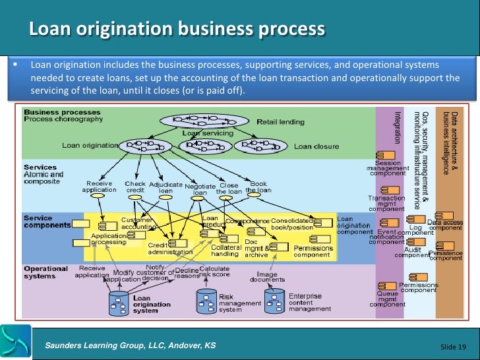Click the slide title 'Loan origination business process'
coord(177,30)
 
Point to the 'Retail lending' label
coord(280,122)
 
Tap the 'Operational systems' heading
coord(45,272)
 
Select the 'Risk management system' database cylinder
coord(206,300)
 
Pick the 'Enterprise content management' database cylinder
coord(275,300)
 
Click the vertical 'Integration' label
coord(397,127)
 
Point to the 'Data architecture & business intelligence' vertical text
coord(450,142)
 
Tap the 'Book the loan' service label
coord(258,187)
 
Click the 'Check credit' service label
coord(135,187)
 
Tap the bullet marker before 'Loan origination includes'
coord(14,66)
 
